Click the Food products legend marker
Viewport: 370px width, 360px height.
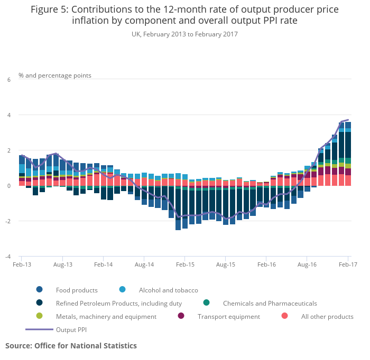[x=39, y=290]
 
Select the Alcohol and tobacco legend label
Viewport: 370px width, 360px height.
[x=168, y=290]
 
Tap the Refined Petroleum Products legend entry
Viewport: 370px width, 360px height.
[x=118, y=304]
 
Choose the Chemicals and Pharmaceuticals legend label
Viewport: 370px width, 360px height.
[x=270, y=304]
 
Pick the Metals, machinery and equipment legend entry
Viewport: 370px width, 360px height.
[x=106, y=317]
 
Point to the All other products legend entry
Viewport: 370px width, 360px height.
[x=327, y=317]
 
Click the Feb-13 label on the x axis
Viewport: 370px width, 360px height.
[x=21, y=264]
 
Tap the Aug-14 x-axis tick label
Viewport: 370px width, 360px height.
[x=144, y=264]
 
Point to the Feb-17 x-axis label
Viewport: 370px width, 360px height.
[x=347, y=264]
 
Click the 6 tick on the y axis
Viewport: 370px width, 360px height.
[x=8, y=80]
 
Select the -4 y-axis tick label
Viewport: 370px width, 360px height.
[x=7, y=257]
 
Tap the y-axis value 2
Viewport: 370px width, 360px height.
[x=8, y=150]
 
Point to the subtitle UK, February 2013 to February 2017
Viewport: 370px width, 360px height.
[x=184, y=34]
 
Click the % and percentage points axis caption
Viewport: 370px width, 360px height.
[x=55, y=75]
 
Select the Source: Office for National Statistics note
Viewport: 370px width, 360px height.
[x=71, y=346]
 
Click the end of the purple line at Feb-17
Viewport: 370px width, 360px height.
[x=348, y=120]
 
